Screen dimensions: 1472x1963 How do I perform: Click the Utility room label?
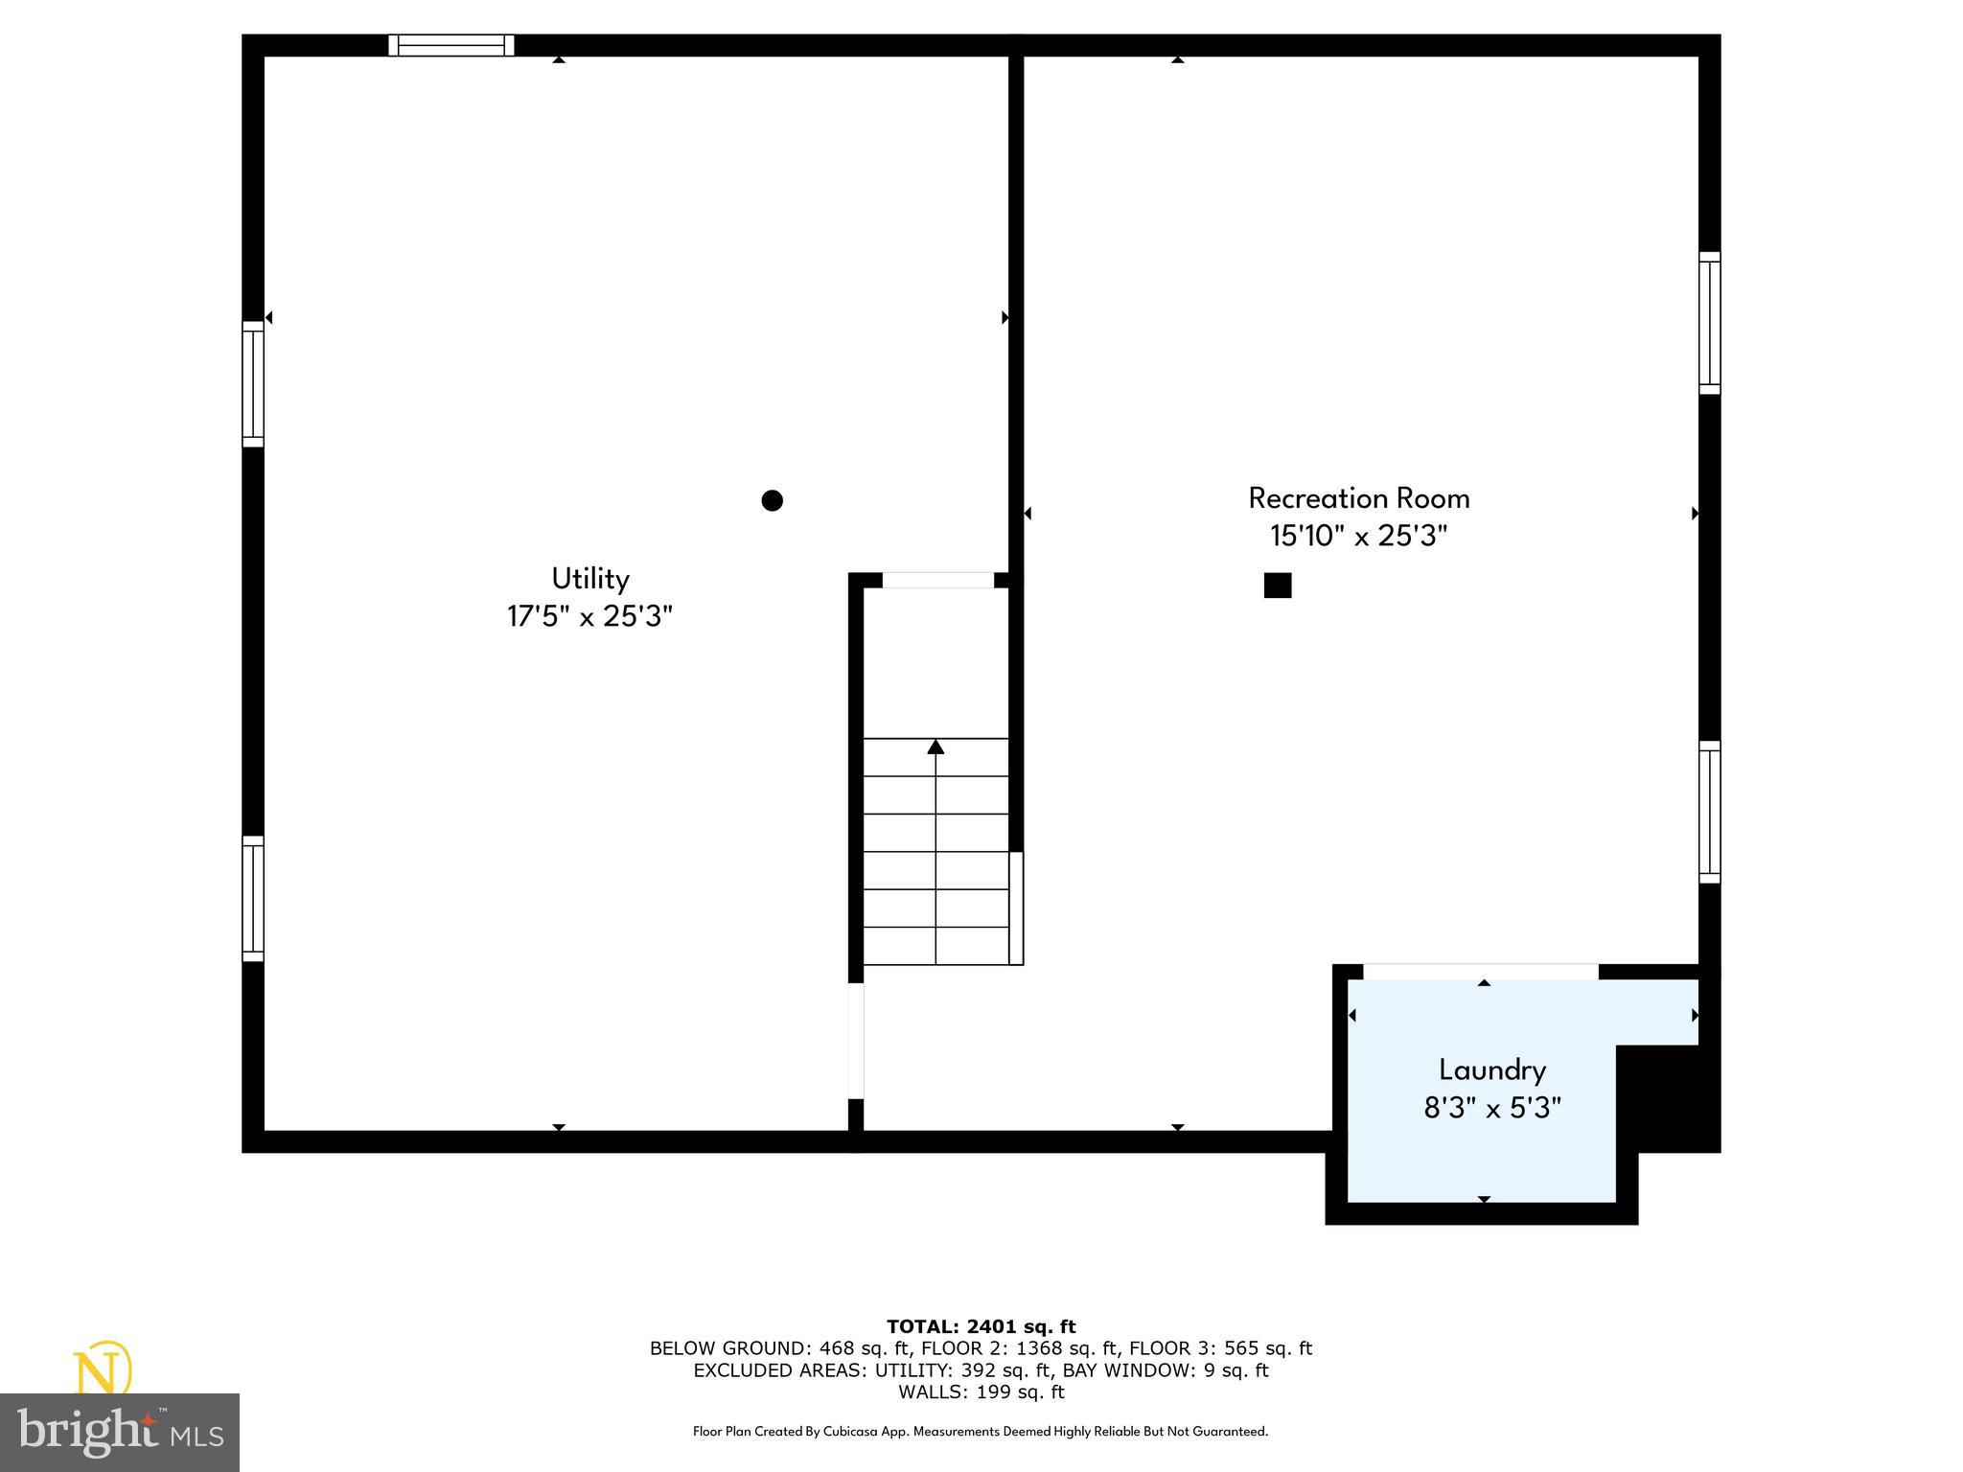[589, 579]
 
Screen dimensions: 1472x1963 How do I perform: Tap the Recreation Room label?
[1358, 498]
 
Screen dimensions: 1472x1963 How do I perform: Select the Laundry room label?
[1491, 1069]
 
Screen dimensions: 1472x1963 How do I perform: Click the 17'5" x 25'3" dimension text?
[589, 616]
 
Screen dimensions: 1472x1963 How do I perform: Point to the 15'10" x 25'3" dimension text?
[1358, 536]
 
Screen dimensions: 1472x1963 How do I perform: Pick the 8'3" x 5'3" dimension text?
[1491, 1108]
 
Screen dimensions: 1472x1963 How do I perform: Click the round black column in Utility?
[772, 500]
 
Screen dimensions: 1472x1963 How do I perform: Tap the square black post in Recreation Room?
[1278, 586]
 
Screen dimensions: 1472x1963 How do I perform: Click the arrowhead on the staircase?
[935, 747]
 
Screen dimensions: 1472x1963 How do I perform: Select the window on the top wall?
[451, 45]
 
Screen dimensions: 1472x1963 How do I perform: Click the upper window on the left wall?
[252, 384]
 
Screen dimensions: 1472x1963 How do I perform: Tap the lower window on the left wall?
[252, 898]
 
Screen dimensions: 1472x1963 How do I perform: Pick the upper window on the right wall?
[1709, 323]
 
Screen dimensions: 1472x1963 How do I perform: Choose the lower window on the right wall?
[1709, 812]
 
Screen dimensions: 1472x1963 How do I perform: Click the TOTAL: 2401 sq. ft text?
[981, 1326]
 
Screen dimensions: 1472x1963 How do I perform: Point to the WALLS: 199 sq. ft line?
[981, 1391]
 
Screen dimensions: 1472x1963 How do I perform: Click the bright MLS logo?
[120, 1433]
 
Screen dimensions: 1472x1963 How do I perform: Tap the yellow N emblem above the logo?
[103, 1368]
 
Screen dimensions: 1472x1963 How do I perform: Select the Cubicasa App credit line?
[981, 1431]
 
